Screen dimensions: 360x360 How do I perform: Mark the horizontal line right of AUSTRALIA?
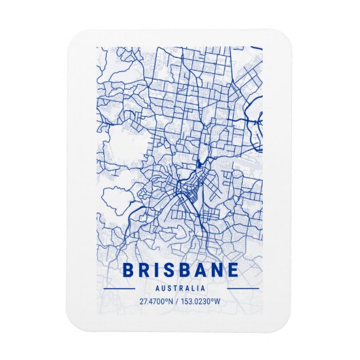[x=242, y=288]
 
